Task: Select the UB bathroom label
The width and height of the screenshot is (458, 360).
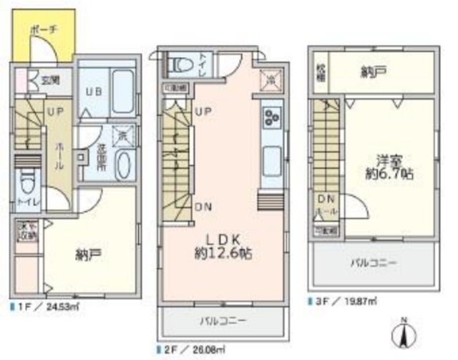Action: pos(94,92)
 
